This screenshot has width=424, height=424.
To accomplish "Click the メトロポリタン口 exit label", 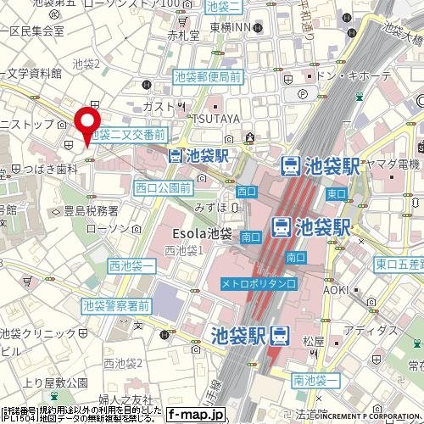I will click(259, 282).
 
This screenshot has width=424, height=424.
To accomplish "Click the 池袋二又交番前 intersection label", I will click(129, 135).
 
